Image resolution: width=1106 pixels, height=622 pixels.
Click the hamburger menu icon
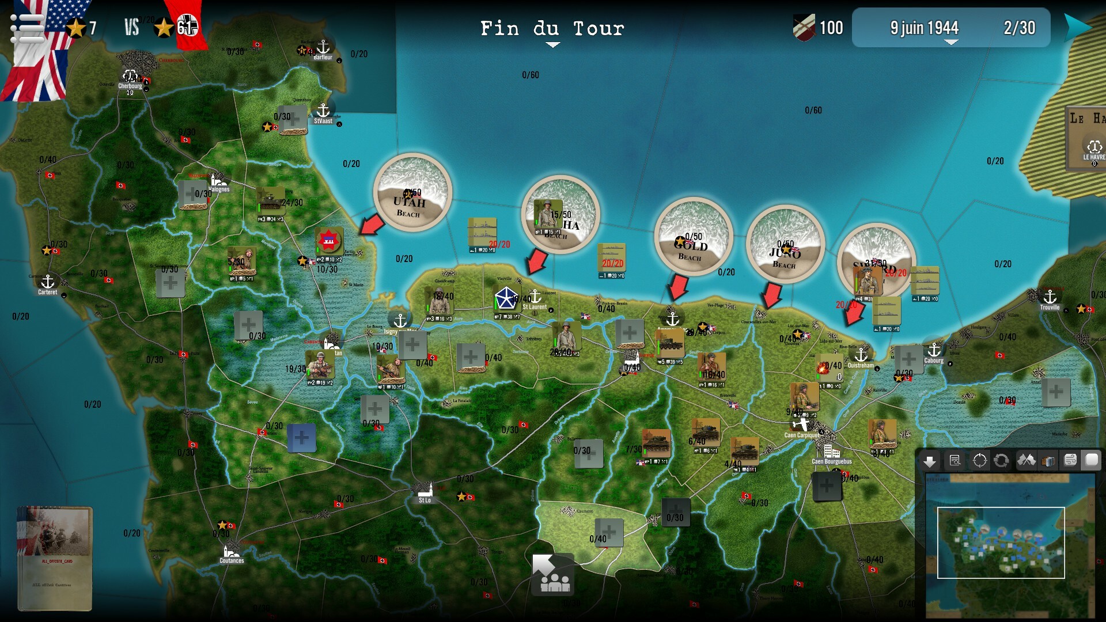tap(26, 27)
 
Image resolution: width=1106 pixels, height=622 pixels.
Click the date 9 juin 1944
tap(924, 28)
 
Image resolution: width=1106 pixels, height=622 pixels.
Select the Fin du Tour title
tap(552, 28)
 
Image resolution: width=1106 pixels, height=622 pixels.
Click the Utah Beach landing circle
tap(412, 192)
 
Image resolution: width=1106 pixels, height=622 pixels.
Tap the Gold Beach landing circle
tap(693, 237)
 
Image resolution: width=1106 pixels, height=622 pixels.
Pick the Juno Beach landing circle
tap(785, 244)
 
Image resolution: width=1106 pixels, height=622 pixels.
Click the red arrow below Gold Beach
tap(678, 286)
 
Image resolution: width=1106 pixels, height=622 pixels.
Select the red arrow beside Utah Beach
tap(372, 225)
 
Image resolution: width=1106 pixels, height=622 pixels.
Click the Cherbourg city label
tap(130, 86)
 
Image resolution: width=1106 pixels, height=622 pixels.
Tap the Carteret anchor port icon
tap(48, 282)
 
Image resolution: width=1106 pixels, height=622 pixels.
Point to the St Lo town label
tap(425, 500)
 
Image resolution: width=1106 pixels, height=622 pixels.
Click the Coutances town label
tap(232, 560)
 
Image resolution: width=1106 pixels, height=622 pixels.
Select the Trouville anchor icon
tap(1050, 297)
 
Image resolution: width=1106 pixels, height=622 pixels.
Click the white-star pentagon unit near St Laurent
tap(506, 299)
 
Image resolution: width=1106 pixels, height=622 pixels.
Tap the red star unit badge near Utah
tap(329, 240)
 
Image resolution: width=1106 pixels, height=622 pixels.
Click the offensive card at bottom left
tap(55, 557)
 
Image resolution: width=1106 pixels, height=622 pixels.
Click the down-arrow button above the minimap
tap(929, 461)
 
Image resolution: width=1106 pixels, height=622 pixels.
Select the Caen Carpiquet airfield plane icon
tap(801, 425)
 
